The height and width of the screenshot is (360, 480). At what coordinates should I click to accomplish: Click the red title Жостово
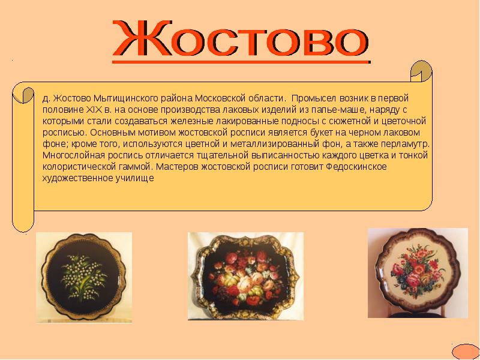[x=240, y=40]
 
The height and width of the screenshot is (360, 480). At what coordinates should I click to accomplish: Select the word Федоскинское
[x=353, y=167]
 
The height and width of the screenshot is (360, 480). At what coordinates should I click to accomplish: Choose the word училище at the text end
[x=138, y=178]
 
